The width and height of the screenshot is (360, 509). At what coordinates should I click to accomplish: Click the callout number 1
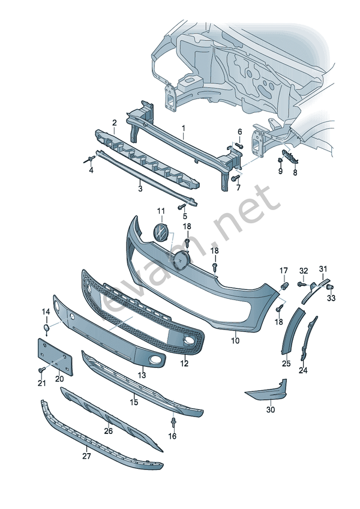184,128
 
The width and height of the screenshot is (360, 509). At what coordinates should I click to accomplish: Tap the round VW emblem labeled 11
161,232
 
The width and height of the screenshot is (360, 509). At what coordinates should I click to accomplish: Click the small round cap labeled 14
47,328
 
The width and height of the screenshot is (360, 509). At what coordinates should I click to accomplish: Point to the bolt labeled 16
173,424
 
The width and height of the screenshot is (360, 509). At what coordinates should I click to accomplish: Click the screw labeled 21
41,370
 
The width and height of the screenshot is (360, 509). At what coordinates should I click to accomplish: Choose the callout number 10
235,340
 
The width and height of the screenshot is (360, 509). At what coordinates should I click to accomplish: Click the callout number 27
86,456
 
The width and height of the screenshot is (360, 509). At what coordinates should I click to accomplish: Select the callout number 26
108,430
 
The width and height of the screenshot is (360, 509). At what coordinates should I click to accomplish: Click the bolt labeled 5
180,206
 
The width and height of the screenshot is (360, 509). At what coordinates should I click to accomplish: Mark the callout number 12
184,363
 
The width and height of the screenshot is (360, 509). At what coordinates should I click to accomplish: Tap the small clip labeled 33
331,288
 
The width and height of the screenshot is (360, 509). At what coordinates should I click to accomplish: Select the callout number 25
286,363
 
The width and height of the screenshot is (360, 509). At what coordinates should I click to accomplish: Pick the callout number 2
114,122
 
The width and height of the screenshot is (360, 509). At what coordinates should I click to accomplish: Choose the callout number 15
133,401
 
